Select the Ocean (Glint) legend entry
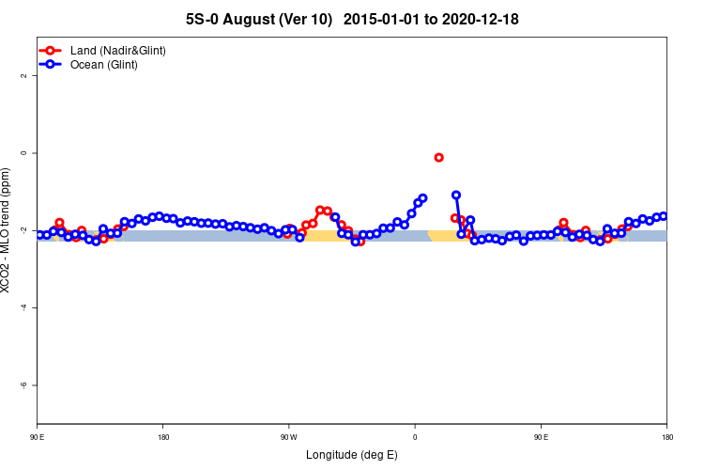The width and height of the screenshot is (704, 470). click(x=104, y=65)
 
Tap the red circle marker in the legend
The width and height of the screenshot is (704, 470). click(x=51, y=50)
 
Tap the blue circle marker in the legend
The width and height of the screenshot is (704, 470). click(x=51, y=65)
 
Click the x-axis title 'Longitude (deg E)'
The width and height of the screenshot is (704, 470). click(x=351, y=455)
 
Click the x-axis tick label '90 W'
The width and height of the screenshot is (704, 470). click(x=288, y=437)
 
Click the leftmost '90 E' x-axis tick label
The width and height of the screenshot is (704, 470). click(x=38, y=437)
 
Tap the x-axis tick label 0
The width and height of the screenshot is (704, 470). click(x=415, y=437)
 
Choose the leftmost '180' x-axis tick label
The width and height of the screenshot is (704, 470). click(x=163, y=437)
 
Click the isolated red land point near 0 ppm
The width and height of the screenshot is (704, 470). click(x=439, y=157)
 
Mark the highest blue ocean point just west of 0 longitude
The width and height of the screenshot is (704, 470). click(x=422, y=198)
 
